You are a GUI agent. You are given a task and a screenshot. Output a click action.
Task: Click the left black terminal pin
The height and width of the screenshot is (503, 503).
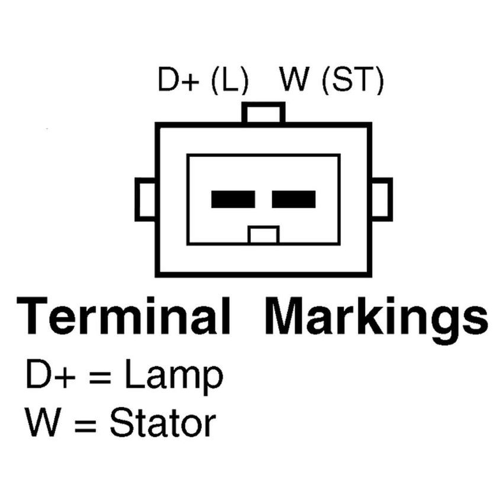coord(233,199)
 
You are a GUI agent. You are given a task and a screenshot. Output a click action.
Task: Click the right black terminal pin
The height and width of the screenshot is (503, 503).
coord(294,199)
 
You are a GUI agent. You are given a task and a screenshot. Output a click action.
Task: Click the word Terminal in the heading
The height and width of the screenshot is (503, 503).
coord(124,316)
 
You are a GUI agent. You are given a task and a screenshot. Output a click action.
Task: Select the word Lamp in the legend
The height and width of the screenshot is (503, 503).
coord(173,376)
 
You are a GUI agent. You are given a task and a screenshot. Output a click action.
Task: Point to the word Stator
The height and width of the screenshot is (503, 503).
coord(163,423)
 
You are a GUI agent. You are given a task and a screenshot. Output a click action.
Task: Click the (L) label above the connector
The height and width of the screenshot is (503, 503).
coord(230,80)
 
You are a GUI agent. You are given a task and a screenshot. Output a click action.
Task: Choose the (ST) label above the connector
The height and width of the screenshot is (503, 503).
coord(353,80)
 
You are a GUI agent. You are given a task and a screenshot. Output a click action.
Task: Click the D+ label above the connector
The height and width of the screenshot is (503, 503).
coord(178,79)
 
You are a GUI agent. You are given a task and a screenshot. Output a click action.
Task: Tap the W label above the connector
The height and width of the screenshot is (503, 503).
coord(295,79)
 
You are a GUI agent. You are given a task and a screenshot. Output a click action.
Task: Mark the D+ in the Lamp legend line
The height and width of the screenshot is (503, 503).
coord(51,374)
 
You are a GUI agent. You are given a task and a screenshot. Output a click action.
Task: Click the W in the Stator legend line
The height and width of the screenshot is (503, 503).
coord(43,422)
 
